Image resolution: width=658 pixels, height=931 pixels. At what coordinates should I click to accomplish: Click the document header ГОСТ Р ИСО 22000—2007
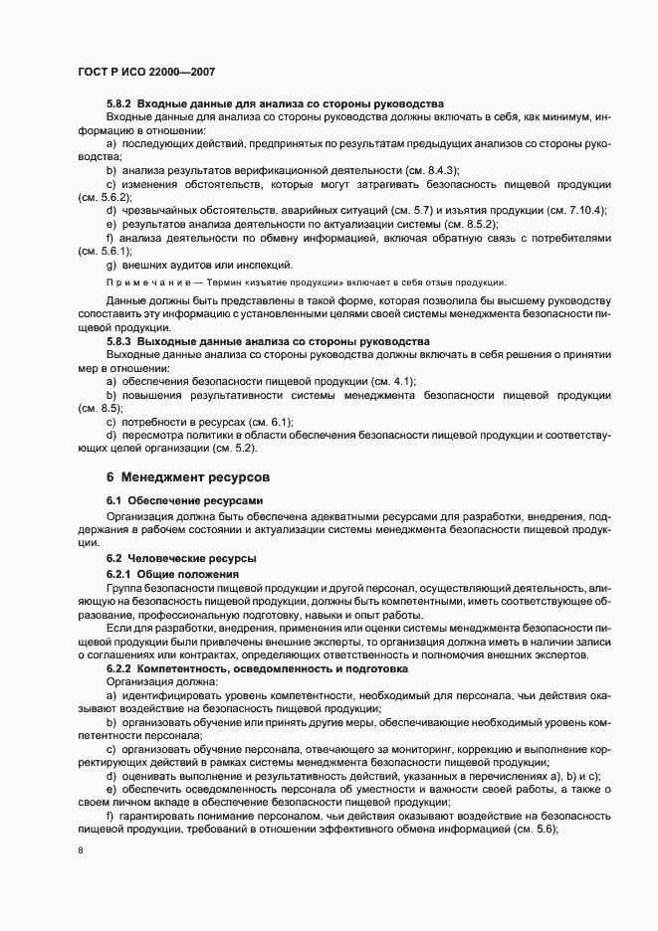tap(146, 73)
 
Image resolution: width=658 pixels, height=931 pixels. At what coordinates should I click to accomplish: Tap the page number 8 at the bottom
tap(80, 852)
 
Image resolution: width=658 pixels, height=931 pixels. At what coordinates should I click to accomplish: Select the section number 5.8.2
tap(118, 104)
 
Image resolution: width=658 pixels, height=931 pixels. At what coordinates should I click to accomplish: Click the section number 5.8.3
tap(118, 341)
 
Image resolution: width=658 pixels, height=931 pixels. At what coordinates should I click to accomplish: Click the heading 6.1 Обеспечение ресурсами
tap(184, 499)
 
